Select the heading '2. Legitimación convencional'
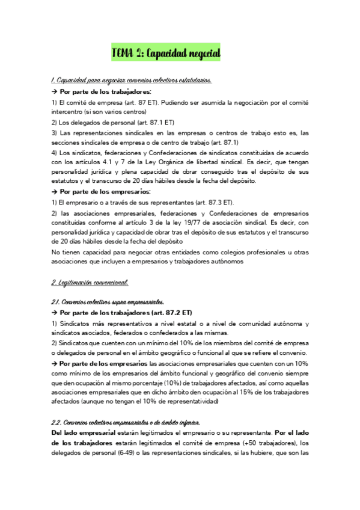pyautogui.click(x=90, y=282)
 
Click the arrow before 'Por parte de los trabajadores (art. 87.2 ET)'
pyautogui.click(x=55, y=313)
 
